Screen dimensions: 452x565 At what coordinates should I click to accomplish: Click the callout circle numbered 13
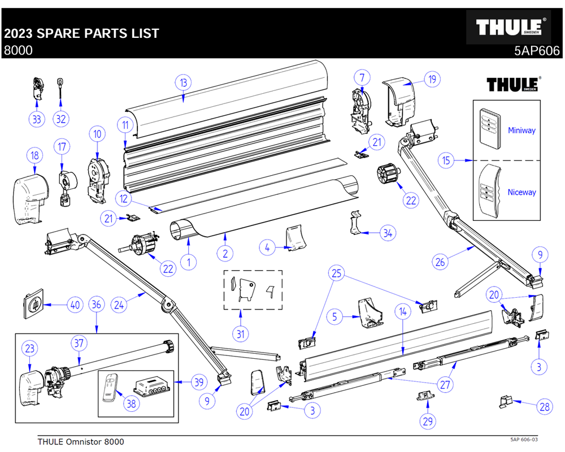coord(182,82)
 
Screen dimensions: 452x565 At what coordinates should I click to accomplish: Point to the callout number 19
coord(432,79)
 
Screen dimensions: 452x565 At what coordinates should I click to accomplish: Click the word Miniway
coord(521,130)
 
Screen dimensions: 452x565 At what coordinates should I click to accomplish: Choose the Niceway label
coord(521,192)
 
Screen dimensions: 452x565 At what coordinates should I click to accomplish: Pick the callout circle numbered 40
coord(75,305)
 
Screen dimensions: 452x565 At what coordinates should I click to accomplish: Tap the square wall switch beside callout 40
coord(34,305)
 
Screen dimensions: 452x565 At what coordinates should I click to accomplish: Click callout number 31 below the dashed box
coord(241,334)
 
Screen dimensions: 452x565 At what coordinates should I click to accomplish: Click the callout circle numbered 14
coord(402,311)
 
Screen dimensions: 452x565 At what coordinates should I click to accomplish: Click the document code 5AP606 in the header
coord(536,50)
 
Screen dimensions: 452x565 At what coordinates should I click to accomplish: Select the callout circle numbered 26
coord(440,262)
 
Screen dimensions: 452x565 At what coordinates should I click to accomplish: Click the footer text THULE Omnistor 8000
coord(80,441)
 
